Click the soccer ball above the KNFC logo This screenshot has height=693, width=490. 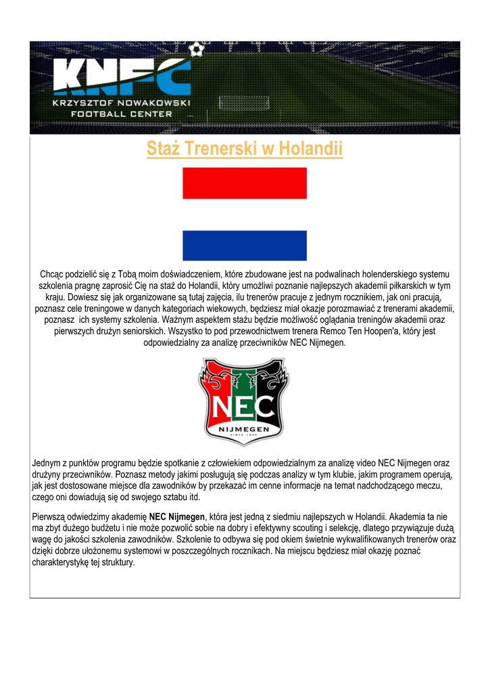(196, 49)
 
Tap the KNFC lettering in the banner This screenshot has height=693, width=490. (122, 76)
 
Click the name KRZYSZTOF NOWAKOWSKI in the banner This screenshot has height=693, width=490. (122, 103)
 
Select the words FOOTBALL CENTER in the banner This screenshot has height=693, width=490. (122, 114)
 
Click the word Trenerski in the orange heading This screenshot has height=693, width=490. (220, 148)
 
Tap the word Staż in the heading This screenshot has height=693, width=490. (163, 148)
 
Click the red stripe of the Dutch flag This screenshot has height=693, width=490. (245, 183)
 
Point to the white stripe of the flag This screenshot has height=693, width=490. (245, 215)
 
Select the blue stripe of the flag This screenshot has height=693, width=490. (245, 245)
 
